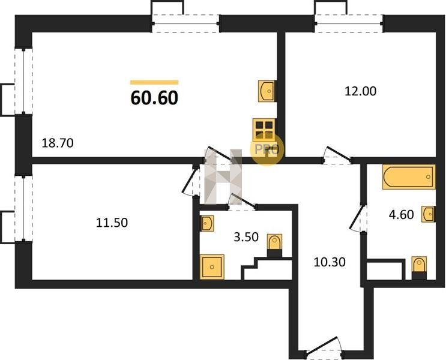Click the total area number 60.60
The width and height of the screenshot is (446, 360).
[x=154, y=98]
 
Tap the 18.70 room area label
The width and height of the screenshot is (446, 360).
[x=58, y=143]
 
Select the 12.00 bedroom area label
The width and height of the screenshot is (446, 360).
[x=360, y=91]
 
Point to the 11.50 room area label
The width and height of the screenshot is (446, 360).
[x=112, y=223]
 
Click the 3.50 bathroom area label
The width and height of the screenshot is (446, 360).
[x=246, y=237]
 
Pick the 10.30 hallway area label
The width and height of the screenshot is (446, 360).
[x=330, y=262]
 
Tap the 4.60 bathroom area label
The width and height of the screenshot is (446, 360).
[x=402, y=214]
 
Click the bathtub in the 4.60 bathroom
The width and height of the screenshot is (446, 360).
[x=409, y=177]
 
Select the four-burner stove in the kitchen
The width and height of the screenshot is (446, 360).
[x=264, y=130]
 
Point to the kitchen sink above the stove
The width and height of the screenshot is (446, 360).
[x=267, y=91]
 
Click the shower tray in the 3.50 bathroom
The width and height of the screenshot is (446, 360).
[x=212, y=267]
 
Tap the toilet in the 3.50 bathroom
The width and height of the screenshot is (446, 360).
[x=274, y=245]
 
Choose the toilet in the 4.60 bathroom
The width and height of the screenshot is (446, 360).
[x=419, y=268]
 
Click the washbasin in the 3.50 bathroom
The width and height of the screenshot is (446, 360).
[x=207, y=224]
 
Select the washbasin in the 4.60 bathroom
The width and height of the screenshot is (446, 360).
[x=428, y=214]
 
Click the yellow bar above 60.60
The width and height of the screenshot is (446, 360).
[x=154, y=82]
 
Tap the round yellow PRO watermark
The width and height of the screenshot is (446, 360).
[x=267, y=149]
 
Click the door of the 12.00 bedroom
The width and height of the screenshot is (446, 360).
[x=337, y=155]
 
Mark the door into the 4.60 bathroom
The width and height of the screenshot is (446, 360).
[x=358, y=218]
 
